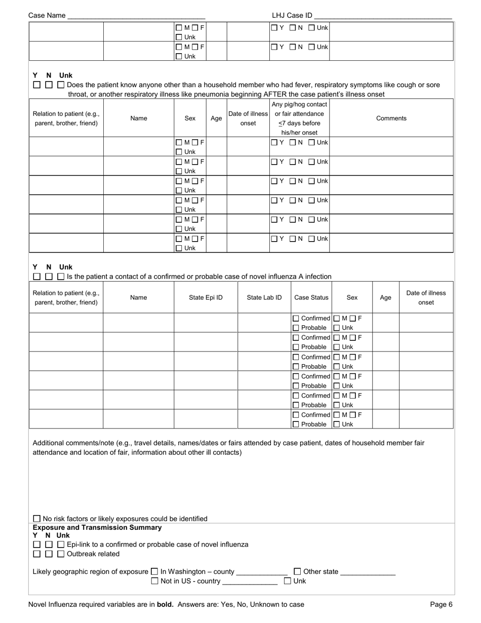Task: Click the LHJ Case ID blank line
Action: click(383, 16)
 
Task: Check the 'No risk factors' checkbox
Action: click(36, 519)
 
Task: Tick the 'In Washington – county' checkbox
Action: click(154, 571)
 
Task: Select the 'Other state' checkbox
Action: click(297, 571)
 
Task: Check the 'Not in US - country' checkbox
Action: click(154, 581)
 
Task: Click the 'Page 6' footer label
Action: click(441, 604)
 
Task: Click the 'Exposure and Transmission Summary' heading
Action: click(97, 527)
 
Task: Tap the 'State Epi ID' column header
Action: click(206, 297)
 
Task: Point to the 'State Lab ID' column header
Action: click(264, 297)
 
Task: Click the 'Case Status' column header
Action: click(311, 297)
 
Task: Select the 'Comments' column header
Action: click(391, 118)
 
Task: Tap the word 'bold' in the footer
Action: click(165, 604)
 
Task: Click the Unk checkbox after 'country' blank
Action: click(288, 581)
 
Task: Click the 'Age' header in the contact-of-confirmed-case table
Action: click(385, 297)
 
